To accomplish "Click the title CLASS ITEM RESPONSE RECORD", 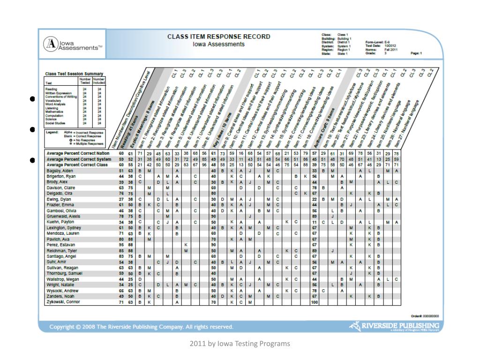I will [219, 37].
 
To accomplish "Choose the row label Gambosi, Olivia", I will [59, 210].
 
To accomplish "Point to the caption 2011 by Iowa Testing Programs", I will [240, 344].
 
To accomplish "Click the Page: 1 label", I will [416, 53].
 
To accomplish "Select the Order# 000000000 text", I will [425, 316].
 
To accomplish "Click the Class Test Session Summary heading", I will [74, 74].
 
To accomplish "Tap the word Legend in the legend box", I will [52, 132].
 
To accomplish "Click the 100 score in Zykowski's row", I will [315, 301].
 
